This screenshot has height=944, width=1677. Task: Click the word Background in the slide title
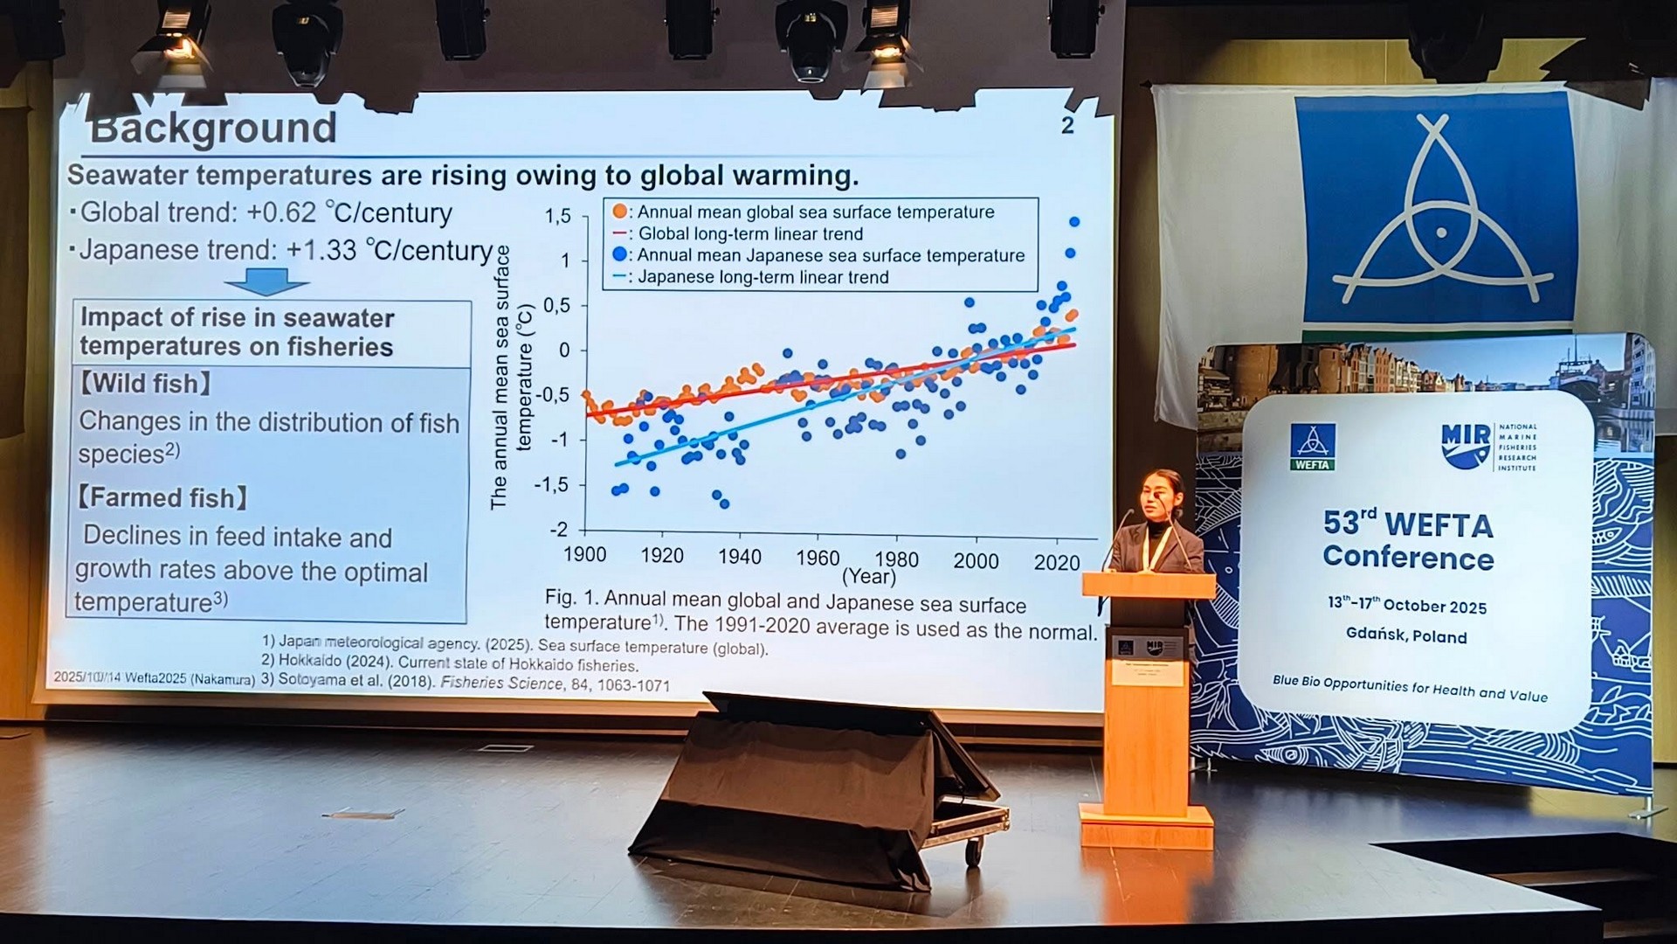point(213,128)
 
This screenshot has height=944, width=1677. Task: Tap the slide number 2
point(1067,126)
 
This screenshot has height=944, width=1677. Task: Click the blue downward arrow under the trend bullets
point(266,281)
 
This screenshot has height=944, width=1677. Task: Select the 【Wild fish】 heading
point(146,384)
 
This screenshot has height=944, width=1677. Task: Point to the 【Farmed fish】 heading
point(162,498)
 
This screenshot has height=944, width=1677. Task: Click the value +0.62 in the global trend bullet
point(280,212)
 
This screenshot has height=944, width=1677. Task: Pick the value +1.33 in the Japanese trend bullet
point(321,250)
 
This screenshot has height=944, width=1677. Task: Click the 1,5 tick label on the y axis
point(557,216)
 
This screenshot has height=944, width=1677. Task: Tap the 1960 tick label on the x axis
point(817,558)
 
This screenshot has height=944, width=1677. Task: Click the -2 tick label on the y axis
point(558,529)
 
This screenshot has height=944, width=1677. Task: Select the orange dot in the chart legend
point(619,212)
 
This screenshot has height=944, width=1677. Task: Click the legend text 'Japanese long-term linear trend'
point(763,277)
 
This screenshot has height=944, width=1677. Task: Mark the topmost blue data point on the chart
point(1074,222)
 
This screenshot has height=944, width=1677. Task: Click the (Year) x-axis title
point(868,577)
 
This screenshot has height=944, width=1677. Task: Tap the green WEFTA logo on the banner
point(1312,447)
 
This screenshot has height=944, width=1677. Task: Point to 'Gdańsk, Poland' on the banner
point(1405,635)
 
